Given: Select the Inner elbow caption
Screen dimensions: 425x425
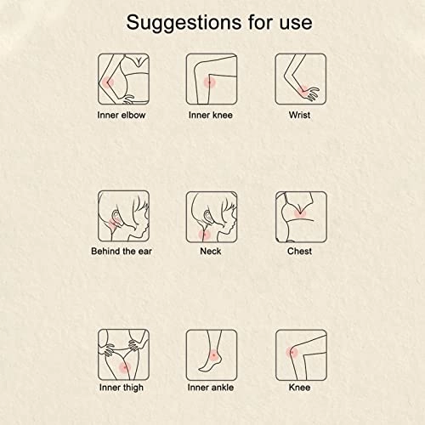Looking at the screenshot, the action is (x=122, y=115).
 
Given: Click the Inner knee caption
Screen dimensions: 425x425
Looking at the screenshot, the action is (x=211, y=115).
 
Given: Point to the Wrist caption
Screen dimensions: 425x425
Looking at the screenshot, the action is (x=299, y=115).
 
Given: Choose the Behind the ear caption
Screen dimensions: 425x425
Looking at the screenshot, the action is (x=122, y=252).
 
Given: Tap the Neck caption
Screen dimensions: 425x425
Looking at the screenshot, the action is (x=211, y=252).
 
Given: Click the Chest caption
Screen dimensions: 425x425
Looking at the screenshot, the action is (x=299, y=252).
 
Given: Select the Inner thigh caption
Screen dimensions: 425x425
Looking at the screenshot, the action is (x=122, y=388).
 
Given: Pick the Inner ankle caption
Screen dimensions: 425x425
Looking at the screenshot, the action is (x=211, y=388).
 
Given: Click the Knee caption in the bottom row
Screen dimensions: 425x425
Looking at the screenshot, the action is (x=299, y=388).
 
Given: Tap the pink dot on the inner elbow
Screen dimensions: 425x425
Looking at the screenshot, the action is (x=108, y=82).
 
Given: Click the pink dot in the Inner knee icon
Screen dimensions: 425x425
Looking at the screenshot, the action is (x=210, y=82).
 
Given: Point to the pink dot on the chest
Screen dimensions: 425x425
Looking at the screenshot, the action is (x=300, y=212).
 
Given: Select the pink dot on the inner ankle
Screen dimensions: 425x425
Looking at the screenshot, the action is (x=213, y=355).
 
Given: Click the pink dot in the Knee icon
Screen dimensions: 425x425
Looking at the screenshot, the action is (x=292, y=353).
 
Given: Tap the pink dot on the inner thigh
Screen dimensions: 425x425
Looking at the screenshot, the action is (x=125, y=367).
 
